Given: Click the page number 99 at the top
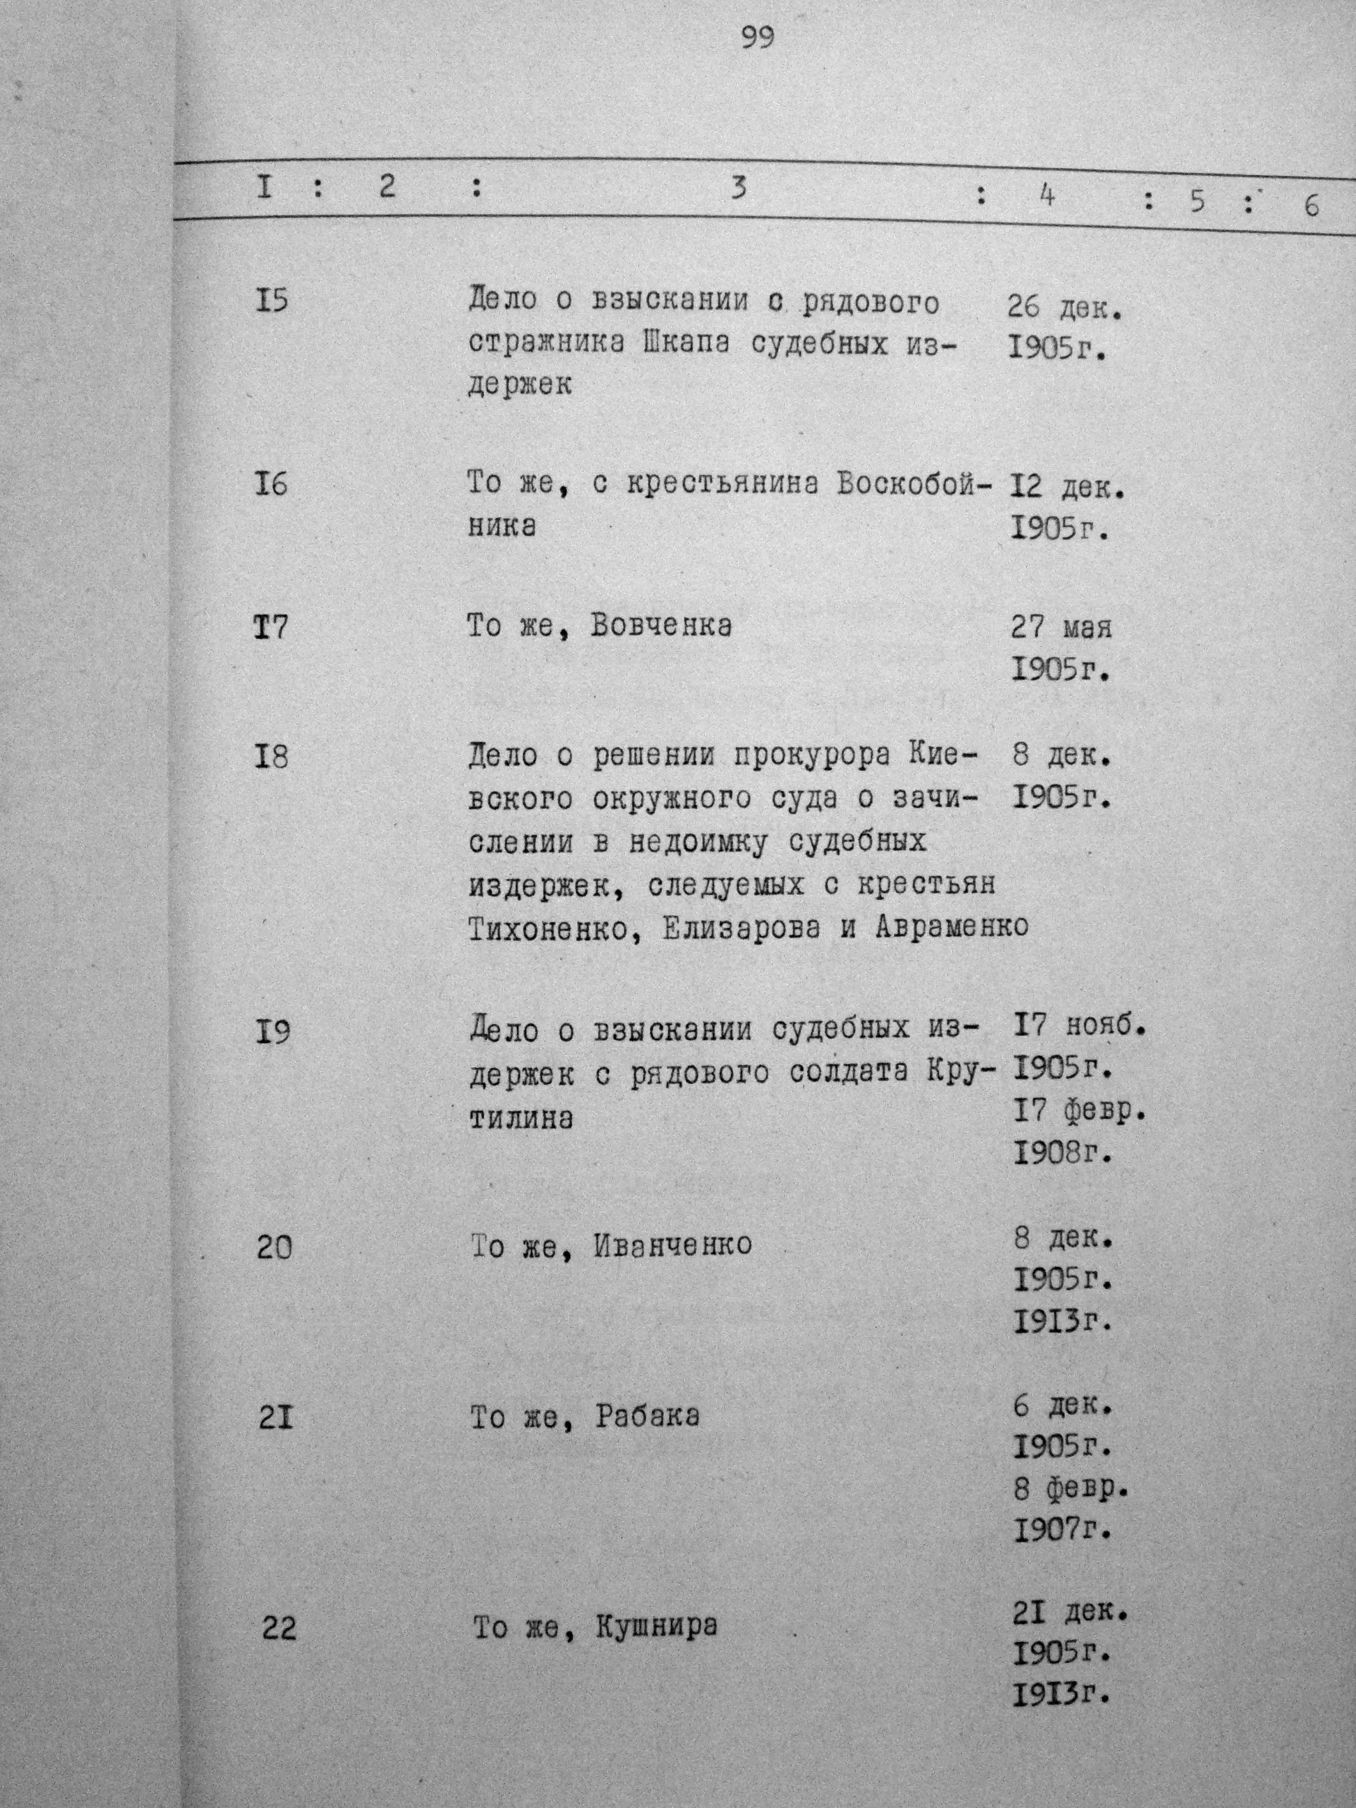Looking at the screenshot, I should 758,38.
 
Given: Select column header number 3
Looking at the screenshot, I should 738,189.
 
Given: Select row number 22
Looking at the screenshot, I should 280,1629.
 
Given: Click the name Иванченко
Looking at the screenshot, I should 672,1245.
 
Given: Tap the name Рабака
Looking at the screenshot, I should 647,1416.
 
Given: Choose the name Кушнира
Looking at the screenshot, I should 656,1627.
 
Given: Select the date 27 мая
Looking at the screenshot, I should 1062,628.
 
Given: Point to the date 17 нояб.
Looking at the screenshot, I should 1078,1025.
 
